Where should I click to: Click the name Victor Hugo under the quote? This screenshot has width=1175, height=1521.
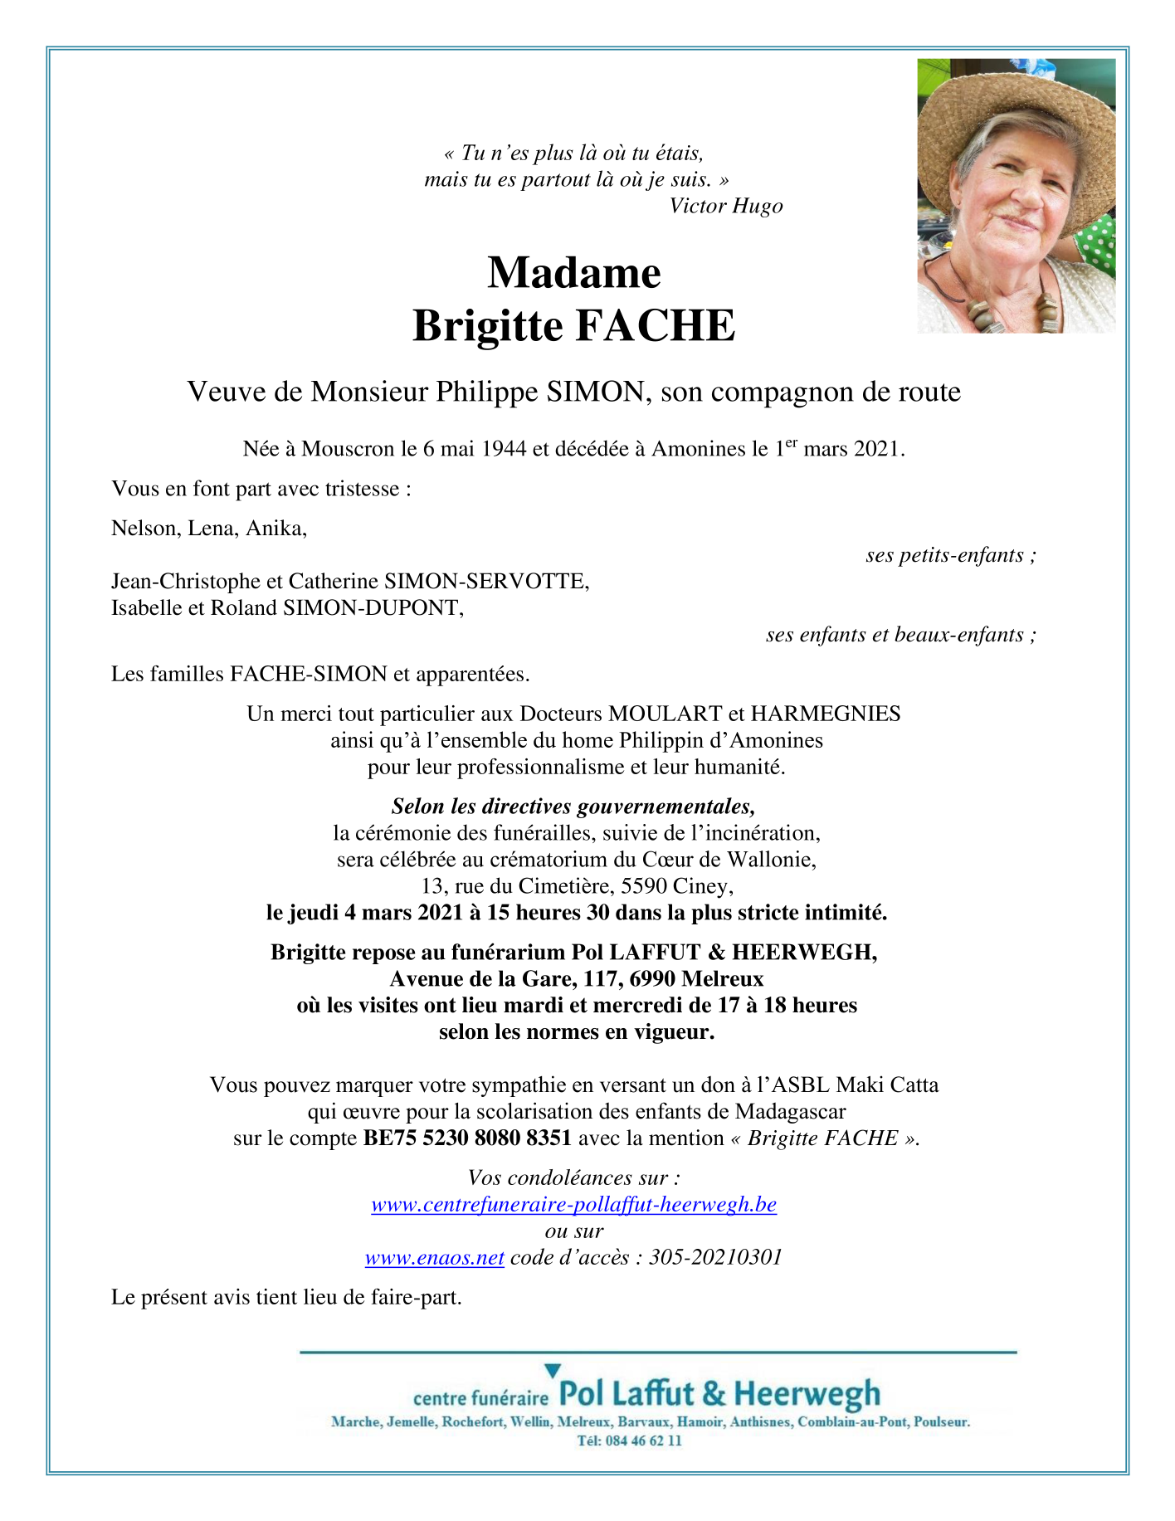coord(725,206)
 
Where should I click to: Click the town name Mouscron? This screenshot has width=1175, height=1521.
coord(348,449)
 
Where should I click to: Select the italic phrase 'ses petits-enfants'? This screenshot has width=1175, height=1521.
coord(944,555)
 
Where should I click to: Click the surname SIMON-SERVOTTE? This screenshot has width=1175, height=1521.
coord(485,581)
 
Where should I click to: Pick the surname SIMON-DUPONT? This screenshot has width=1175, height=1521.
coord(373,607)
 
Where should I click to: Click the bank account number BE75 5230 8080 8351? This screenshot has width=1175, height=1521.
coord(467,1138)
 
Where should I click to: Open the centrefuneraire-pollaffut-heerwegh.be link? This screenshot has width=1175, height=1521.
coord(573,1204)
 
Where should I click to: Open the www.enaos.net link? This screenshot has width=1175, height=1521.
coord(435,1257)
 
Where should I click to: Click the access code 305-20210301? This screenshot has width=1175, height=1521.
coord(715,1257)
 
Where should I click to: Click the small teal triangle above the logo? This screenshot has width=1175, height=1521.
coord(553,1370)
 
